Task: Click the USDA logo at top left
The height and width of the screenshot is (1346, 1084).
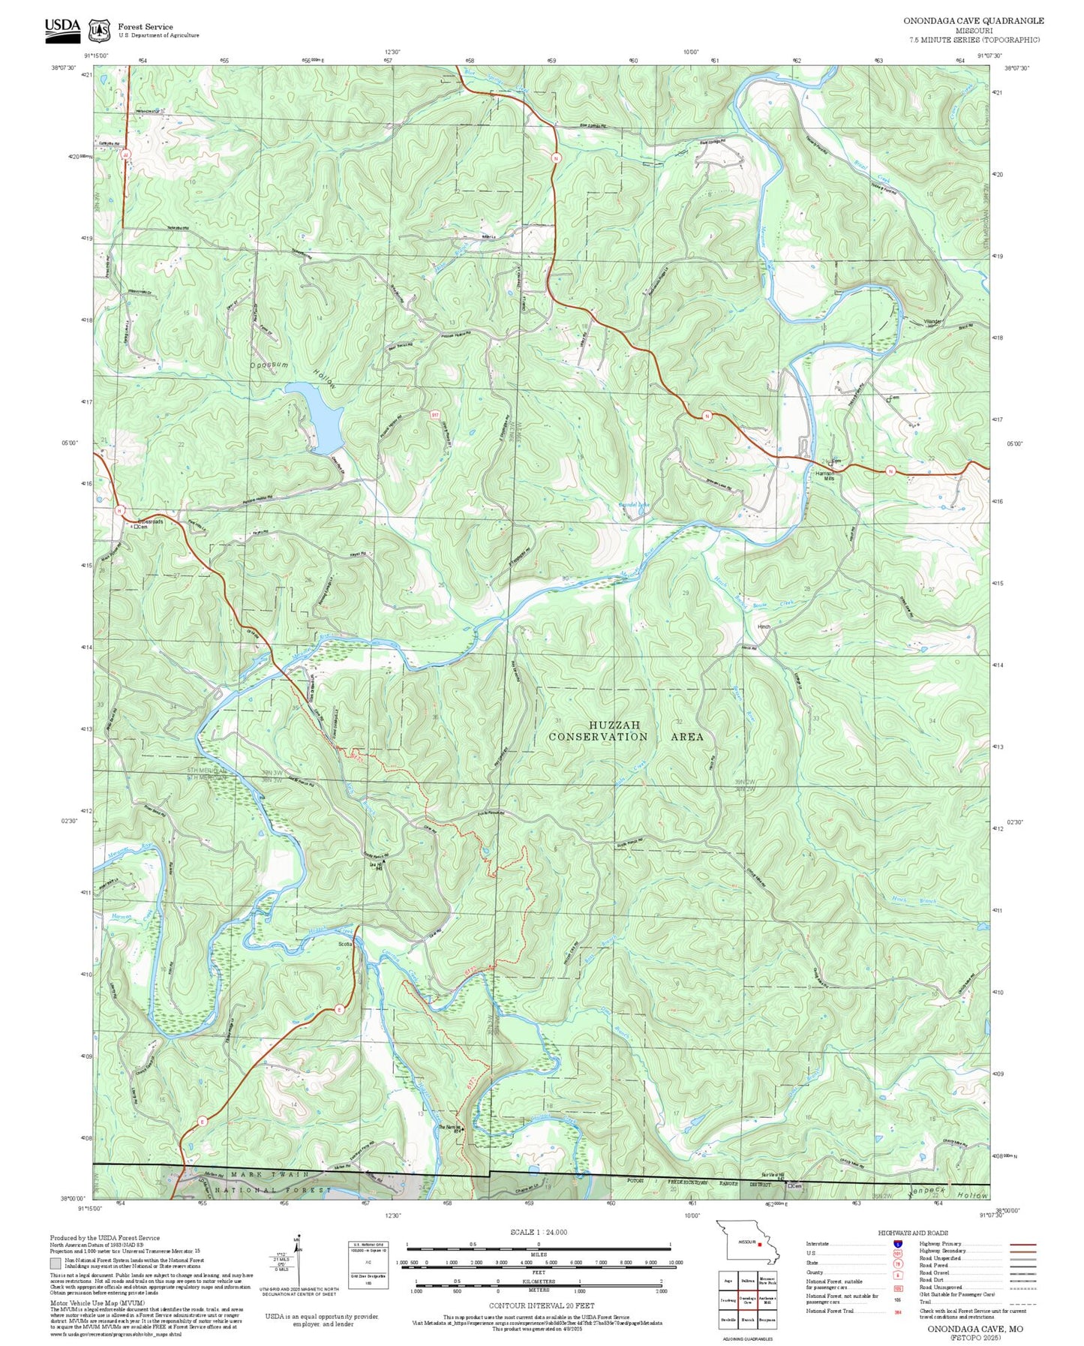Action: click(x=62, y=27)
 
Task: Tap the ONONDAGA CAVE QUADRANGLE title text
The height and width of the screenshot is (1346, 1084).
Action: click(x=973, y=20)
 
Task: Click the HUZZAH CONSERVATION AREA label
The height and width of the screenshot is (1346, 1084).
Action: click(x=625, y=731)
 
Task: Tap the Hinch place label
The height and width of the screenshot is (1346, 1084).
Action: click(x=764, y=626)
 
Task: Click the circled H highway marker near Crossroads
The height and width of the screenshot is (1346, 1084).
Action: click(x=119, y=510)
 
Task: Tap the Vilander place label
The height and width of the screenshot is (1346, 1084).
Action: click(x=932, y=323)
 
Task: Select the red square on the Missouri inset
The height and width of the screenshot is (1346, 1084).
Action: click(x=759, y=1244)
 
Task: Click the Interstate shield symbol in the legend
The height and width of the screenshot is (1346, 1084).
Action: click(x=897, y=1244)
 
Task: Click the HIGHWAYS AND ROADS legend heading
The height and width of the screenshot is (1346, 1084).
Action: click(x=913, y=1233)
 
